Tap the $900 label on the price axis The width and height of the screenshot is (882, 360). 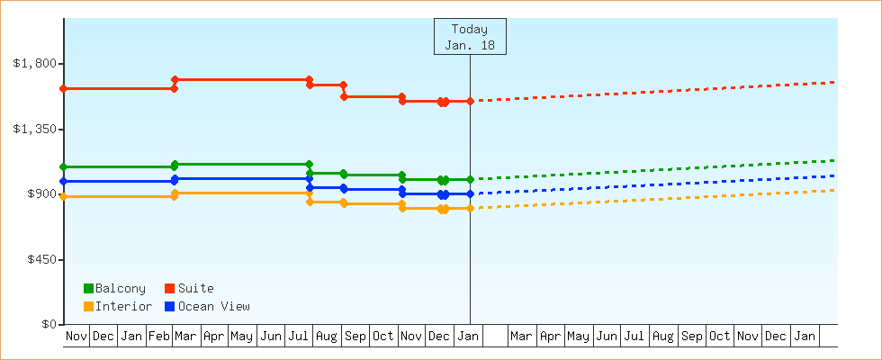[x=39, y=194]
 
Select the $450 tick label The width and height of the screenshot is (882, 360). [x=39, y=260]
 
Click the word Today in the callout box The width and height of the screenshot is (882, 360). [x=470, y=29]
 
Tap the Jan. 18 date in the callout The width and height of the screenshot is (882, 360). [x=470, y=45]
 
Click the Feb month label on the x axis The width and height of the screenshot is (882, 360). [x=159, y=337]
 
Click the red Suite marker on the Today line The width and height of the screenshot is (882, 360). [x=470, y=101]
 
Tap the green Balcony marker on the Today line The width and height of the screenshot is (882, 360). [x=470, y=179]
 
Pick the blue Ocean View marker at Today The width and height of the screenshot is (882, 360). [x=470, y=193]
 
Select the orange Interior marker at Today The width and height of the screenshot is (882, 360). [x=470, y=208]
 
